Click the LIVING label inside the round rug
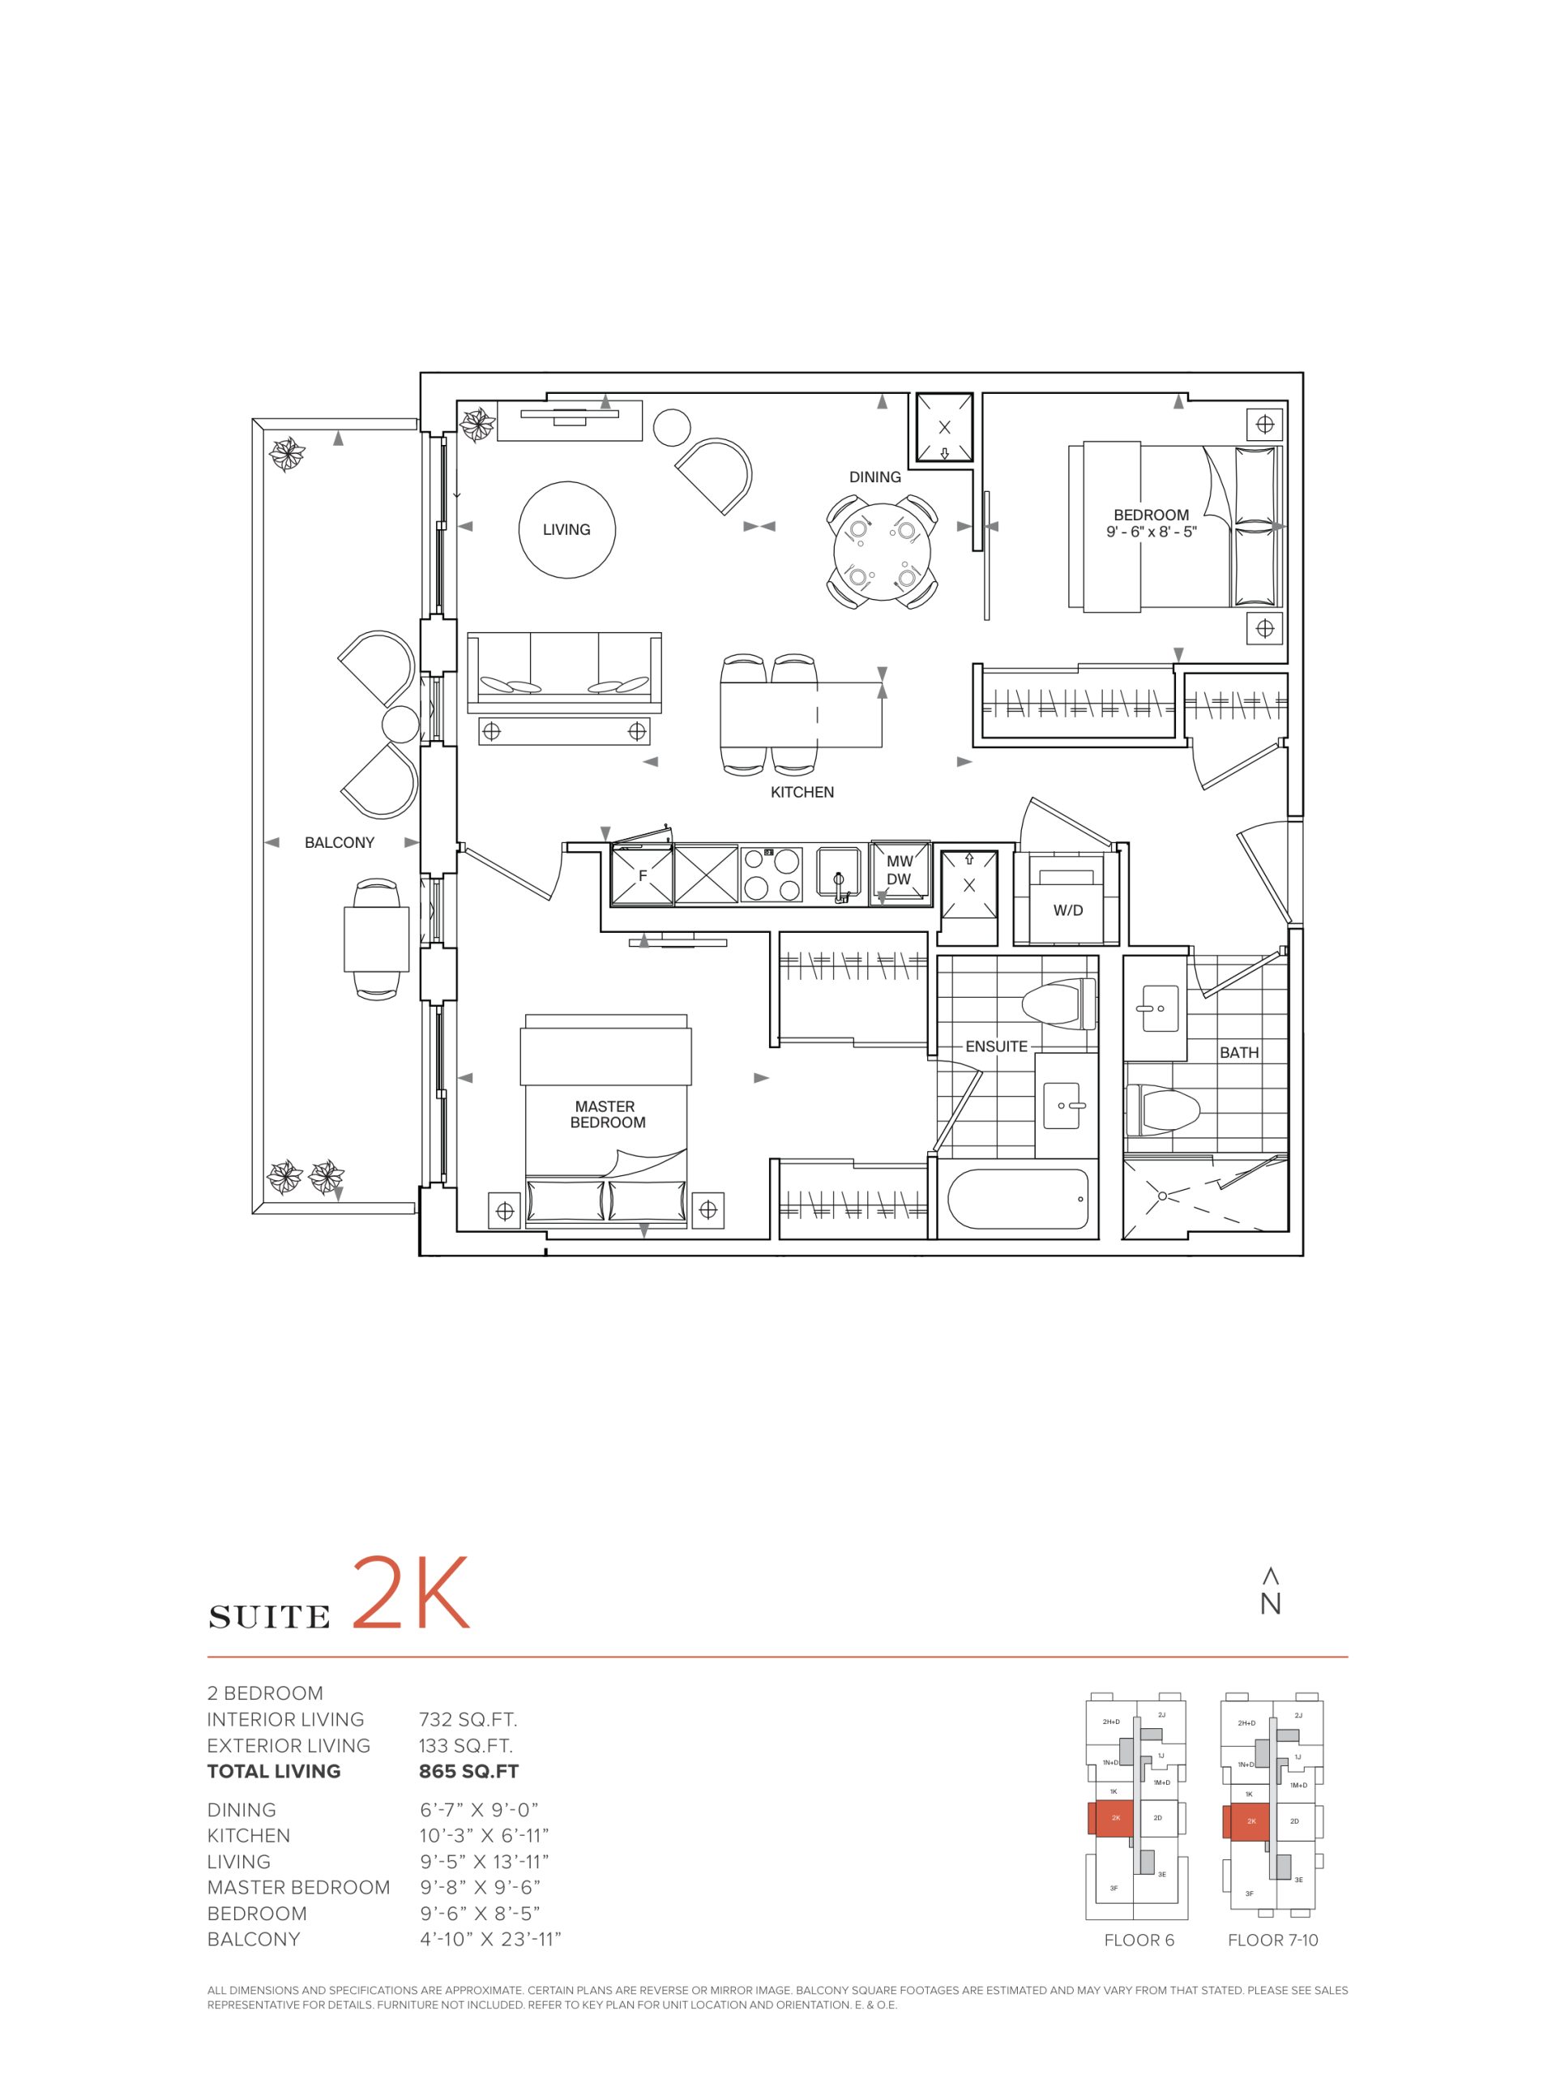[566, 530]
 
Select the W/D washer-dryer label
[1067, 910]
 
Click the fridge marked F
[642, 876]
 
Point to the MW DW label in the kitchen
[899, 871]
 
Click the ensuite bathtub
[1019, 1198]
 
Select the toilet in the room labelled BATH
[1163, 1109]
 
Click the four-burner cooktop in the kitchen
[771, 875]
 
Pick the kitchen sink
[840, 876]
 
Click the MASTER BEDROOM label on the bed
[607, 1115]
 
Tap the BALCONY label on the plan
[340, 843]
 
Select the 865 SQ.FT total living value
[468, 1772]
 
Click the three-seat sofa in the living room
[565, 667]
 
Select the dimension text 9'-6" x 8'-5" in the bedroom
[1151, 532]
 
